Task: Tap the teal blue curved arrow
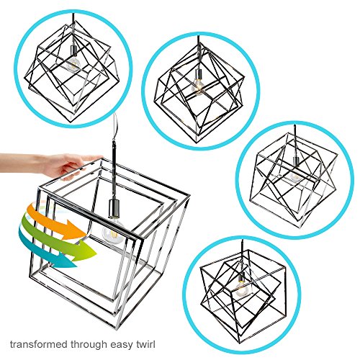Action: (x=45, y=252)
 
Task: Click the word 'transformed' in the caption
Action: (x=38, y=344)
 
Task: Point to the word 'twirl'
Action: (x=145, y=344)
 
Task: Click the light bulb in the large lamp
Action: (x=113, y=233)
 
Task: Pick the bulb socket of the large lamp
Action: (x=112, y=207)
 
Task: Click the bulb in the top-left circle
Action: (x=73, y=64)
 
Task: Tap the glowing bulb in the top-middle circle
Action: (x=198, y=88)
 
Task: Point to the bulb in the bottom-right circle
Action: (x=241, y=290)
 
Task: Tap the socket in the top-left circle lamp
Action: (x=73, y=50)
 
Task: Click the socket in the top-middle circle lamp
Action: (x=197, y=74)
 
